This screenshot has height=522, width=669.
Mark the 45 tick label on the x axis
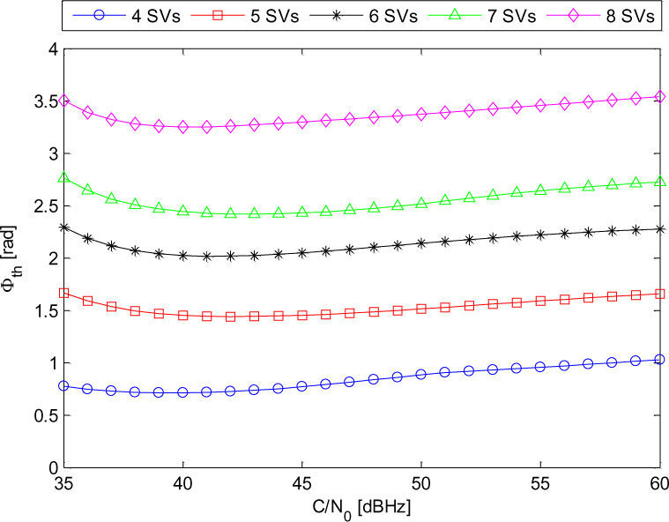click(302, 484)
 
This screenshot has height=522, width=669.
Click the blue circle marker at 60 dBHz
click(660, 360)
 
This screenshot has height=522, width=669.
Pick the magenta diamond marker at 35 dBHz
click(63, 101)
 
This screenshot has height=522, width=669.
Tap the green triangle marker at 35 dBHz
click(63, 178)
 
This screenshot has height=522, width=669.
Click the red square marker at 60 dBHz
click(660, 294)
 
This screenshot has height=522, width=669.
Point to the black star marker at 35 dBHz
click(63, 227)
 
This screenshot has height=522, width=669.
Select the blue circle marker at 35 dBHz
click(63, 385)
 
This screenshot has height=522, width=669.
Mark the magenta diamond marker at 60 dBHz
click(660, 97)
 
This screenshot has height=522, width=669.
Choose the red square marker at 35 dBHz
click(63, 293)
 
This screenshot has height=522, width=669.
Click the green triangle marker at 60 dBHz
click(660, 182)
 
